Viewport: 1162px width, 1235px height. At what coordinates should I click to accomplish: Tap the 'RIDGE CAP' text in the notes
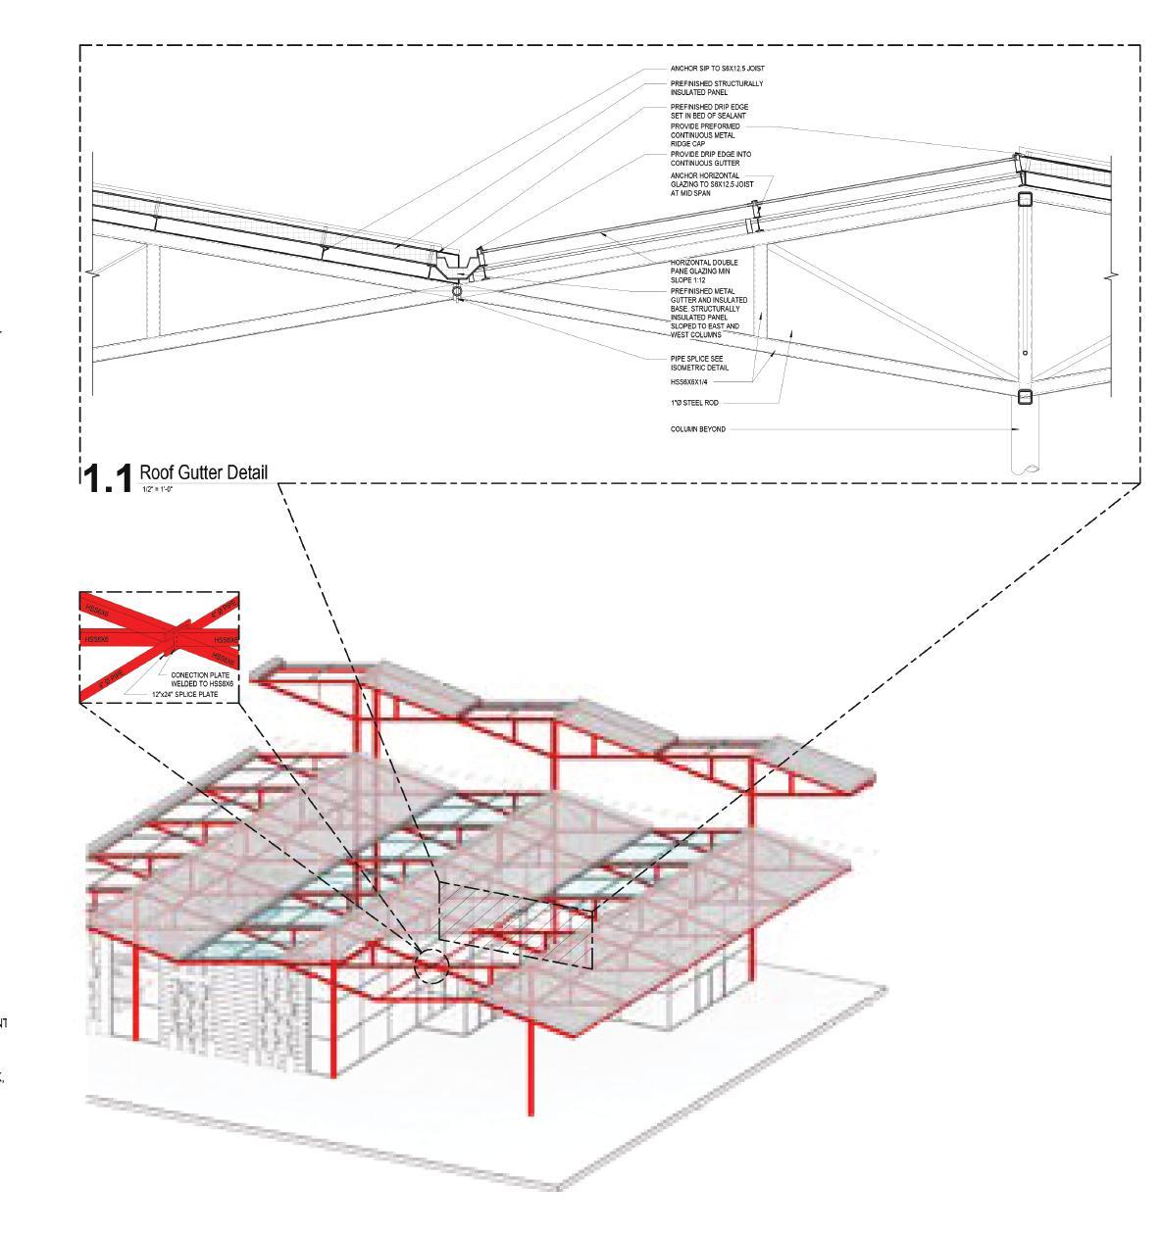click(687, 143)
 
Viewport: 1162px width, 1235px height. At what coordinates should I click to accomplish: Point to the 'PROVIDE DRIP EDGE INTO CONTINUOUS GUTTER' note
click(711, 158)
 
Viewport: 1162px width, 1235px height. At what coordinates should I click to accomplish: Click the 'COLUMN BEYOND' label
click(698, 429)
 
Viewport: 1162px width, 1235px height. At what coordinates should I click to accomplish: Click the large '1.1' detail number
click(107, 479)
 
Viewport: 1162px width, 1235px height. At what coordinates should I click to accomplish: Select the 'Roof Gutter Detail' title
click(203, 472)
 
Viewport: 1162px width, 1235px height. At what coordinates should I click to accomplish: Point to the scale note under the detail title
click(157, 488)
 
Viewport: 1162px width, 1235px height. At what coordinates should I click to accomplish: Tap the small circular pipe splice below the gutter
click(456, 291)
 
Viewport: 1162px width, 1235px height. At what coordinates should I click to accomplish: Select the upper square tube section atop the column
click(1025, 200)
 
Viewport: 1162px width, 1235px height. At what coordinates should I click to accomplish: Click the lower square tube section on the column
click(1025, 397)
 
